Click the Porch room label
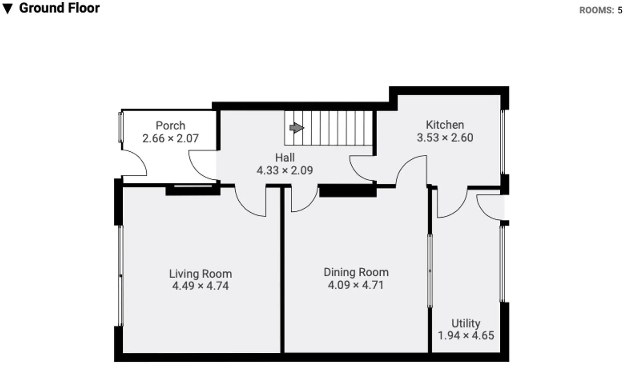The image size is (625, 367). [170, 126]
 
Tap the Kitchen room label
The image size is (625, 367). [445, 125]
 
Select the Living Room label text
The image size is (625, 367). [200, 274]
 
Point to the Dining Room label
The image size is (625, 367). [356, 272]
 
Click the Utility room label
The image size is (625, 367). [466, 323]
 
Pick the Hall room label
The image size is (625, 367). [285, 157]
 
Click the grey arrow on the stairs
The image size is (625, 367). [297, 128]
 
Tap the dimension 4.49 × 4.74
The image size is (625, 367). [200, 286]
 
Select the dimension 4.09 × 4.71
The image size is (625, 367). [356, 285]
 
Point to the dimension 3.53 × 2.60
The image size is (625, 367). [445, 137]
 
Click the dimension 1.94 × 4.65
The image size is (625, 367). [466, 335]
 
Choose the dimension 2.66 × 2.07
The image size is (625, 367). [170, 138]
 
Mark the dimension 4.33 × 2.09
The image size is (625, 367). [285, 170]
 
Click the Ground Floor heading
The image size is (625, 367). [60, 8]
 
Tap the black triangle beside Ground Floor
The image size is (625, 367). [7, 9]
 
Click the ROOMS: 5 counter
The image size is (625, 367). [601, 10]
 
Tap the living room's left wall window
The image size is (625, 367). [121, 276]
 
